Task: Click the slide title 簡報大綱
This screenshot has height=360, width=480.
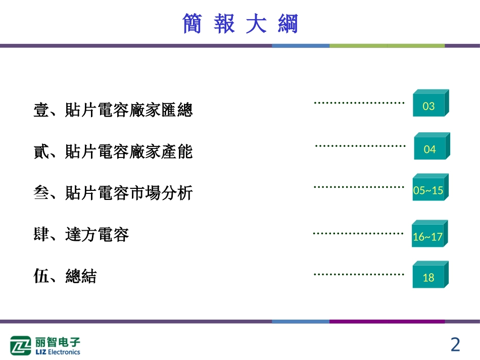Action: click(x=240, y=24)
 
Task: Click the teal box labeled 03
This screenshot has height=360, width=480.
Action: click(x=429, y=106)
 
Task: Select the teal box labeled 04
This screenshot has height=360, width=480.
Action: click(x=430, y=149)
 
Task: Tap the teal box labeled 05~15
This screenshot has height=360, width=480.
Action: click(x=428, y=190)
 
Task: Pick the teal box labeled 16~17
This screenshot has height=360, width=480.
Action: click(x=428, y=236)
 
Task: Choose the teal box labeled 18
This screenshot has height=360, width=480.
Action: click(x=428, y=277)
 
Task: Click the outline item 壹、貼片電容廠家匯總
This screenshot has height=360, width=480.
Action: click(x=113, y=110)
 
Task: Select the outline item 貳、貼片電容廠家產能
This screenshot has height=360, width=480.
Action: click(x=113, y=151)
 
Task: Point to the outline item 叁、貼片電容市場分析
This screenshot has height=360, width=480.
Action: click(x=113, y=192)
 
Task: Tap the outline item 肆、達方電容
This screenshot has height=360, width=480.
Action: click(x=81, y=234)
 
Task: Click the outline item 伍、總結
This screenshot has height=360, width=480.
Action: click(x=65, y=276)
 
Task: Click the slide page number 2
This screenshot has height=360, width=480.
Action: click(x=455, y=345)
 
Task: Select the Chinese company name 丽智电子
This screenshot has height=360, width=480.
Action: click(x=58, y=341)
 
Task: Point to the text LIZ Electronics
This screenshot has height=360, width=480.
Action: click(x=58, y=352)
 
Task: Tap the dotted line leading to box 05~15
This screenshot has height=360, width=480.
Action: click(x=359, y=187)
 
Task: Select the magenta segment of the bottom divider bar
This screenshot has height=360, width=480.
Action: click(x=387, y=321)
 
